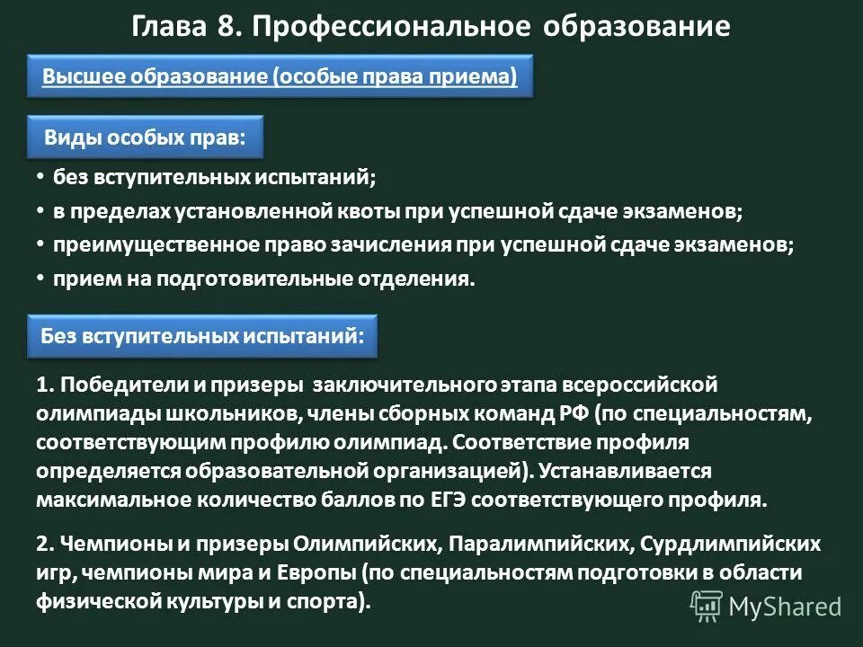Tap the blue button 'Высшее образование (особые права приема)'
coord(280,77)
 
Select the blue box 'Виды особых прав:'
coord(145,138)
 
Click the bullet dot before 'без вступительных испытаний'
coord(40,176)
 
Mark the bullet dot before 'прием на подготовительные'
coord(40,278)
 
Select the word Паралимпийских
coord(534,545)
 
